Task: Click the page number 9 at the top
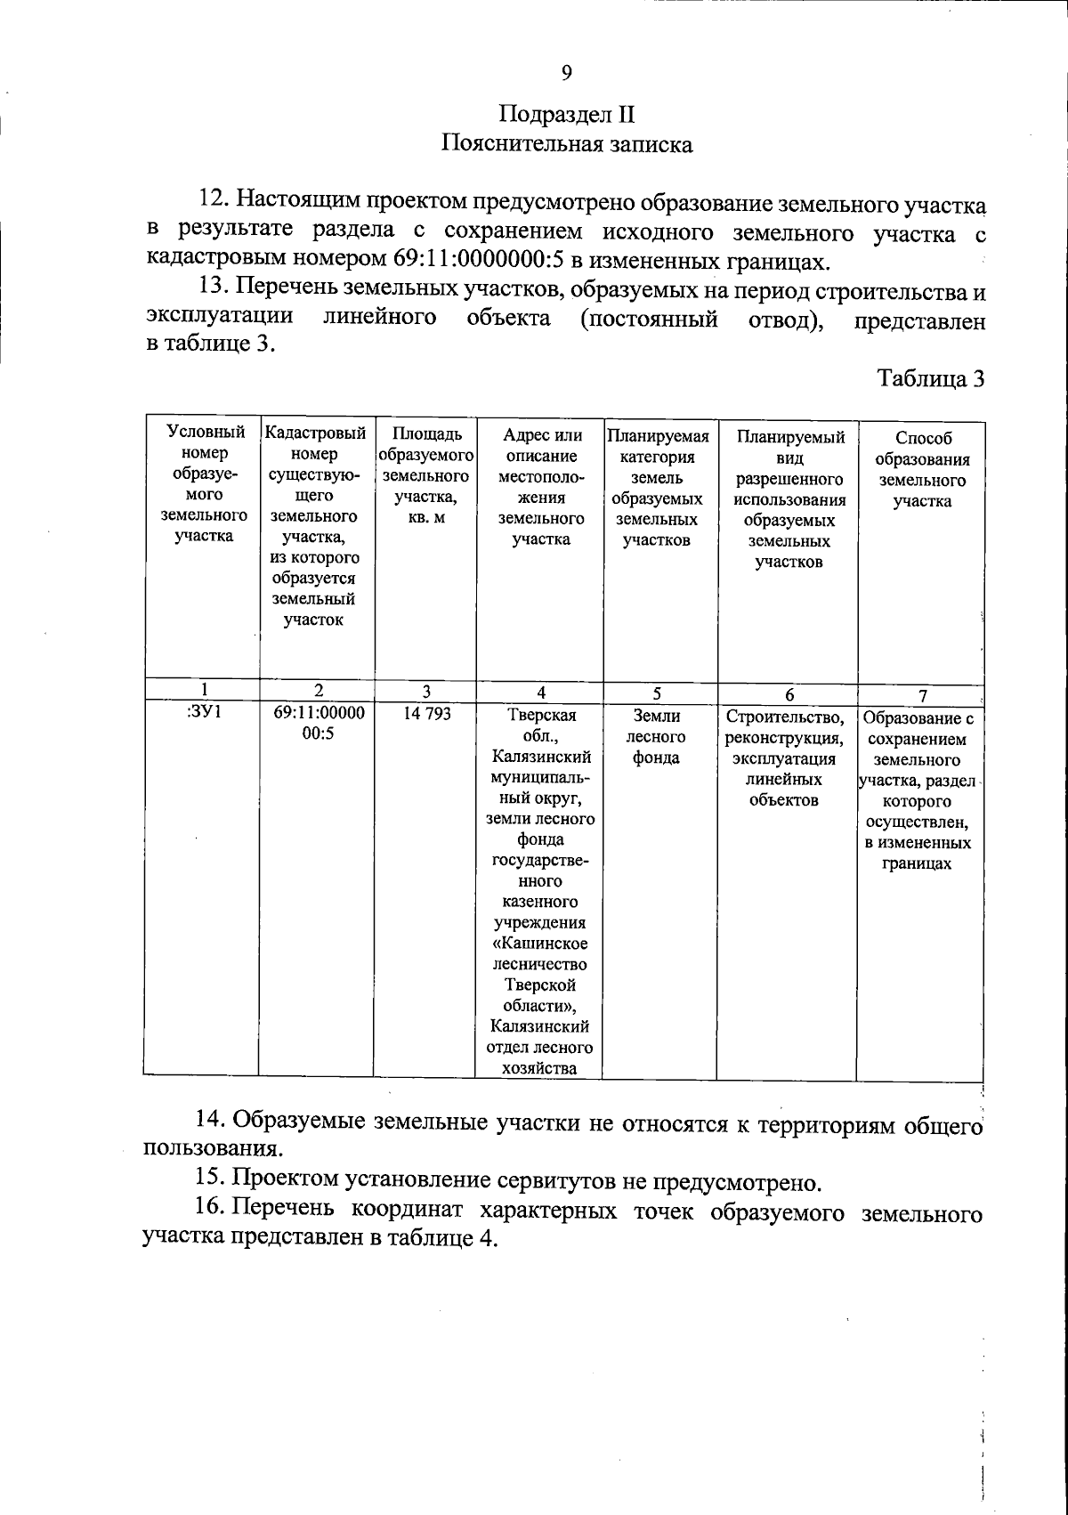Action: [x=566, y=73]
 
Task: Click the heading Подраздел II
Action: [x=567, y=115]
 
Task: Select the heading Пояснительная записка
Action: [x=567, y=143]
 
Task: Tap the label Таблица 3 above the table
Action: [x=931, y=378]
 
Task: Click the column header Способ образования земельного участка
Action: [x=921, y=469]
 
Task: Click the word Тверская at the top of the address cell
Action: [x=541, y=716]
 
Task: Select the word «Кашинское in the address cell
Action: [x=540, y=944]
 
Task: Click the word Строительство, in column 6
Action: [x=784, y=717]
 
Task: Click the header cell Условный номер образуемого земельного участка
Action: [x=204, y=484]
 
